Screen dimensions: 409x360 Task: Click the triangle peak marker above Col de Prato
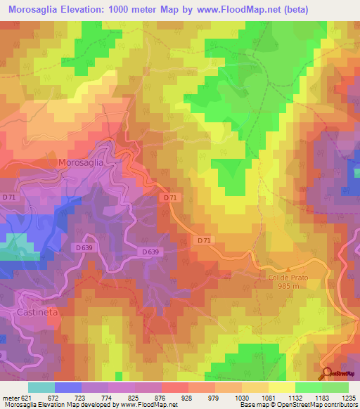point(287,269)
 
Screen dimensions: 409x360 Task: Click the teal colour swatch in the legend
point(41,387)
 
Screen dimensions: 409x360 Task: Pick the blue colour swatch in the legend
point(67,387)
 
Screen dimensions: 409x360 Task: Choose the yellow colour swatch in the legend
point(281,387)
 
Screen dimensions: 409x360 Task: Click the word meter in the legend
point(11,397)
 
